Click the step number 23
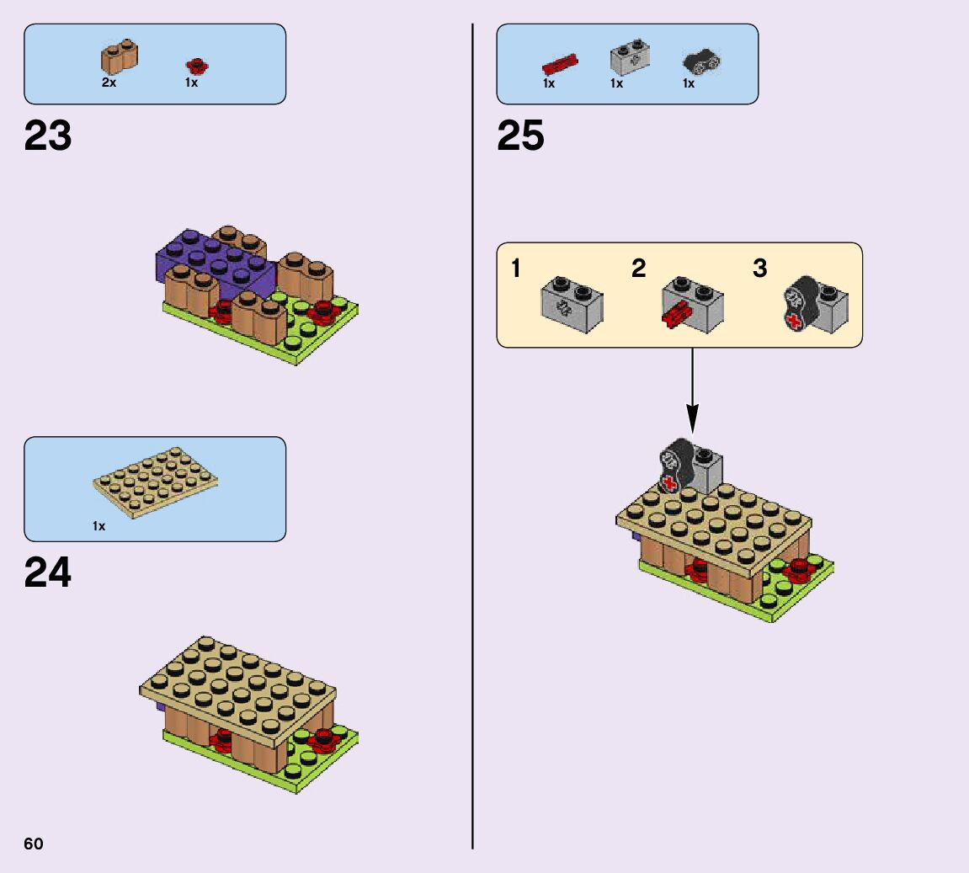pos(48,136)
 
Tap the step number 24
pos(48,573)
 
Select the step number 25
pos(520,136)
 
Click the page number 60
pos(34,844)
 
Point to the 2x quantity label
pos(109,83)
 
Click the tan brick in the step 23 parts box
pos(120,57)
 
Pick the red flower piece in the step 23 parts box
pos(197,65)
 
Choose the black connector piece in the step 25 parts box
pos(701,61)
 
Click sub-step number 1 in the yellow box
pos(516,269)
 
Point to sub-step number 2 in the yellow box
pos(639,269)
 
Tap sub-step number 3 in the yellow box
pos(759,269)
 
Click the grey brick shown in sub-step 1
pos(570,304)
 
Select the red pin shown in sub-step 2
pos(675,318)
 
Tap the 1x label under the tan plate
pos(99,526)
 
